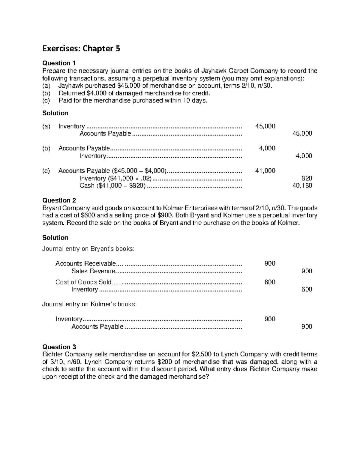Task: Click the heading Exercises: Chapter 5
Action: pos(81,49)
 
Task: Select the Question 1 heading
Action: pos(59,63)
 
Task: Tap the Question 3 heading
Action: pos(59,347)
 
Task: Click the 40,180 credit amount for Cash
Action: pos(302,186)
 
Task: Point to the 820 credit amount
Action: pos(307,178)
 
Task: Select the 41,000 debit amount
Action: pos(265,171)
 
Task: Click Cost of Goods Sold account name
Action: pos(83,282)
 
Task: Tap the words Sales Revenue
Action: pos(93,271)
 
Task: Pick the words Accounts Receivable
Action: pos(85,263)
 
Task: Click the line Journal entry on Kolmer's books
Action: pos(89,304)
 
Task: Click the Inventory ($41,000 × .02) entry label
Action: pos(115,178)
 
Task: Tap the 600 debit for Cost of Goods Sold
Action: pos(270,282)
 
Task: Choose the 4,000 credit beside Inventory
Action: pos(304,156)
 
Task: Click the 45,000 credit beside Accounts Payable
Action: pos(302,134)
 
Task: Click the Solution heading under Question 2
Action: pos(55,238)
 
